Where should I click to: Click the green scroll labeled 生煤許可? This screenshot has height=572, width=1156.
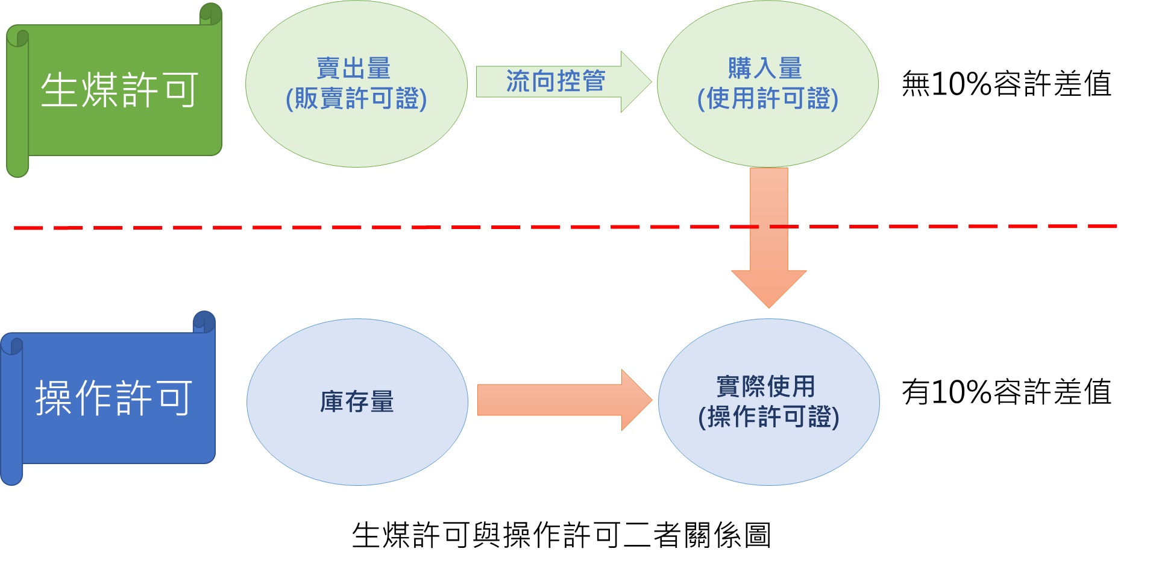[114, 90]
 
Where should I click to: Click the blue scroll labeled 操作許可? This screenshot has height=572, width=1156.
[108, 398]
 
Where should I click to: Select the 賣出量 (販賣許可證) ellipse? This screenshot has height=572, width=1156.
[356, 84]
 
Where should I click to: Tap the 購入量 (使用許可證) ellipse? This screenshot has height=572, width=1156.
[768, 84]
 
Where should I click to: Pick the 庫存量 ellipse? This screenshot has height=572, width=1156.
[357, 402]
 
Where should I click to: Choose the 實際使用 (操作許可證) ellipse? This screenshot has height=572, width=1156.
[769, 402]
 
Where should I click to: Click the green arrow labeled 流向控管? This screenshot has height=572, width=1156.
[564, 82]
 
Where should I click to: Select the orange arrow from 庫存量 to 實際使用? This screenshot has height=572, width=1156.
[565, 400]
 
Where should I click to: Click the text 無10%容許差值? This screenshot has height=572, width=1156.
[1007, 84]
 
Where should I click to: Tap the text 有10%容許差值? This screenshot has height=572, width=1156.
[1007, 392]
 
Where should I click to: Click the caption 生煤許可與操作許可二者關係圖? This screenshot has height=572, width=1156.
[562, 535]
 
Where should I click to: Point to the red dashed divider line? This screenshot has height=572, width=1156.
[565, 227]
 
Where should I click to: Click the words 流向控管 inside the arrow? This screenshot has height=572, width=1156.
[556, 81]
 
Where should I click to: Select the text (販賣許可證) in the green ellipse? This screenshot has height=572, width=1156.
[356, 99]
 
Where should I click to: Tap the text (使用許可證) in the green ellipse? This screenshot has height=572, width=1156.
[768, 99]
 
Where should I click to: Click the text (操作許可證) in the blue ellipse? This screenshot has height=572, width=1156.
[769, 417]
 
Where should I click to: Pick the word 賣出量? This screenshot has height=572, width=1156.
[354, 69]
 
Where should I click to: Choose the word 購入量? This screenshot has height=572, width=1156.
[765, 69]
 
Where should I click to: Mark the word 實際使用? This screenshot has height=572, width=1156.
[765, 387]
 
